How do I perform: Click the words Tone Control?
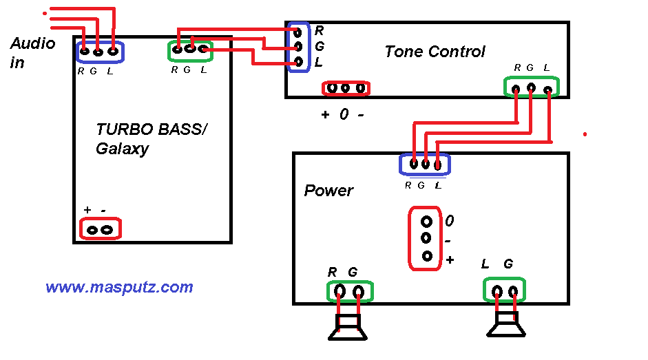point(435,52)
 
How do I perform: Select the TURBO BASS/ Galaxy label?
point(151,138)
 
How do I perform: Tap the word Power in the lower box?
point(328,191)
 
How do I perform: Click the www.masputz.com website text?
point(119,287)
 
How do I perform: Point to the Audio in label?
point(32,53)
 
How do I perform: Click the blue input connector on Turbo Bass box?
point(98,51)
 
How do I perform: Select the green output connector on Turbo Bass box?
point(190,49)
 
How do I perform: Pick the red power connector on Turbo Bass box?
point(100,229)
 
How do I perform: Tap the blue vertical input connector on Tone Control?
point(298,47)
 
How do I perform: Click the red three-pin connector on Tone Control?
point(346,88)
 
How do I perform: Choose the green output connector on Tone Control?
point(531,87)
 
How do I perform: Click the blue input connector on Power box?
point(425,165)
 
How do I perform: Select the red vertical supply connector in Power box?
point(426,238)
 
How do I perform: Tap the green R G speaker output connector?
point(348,291)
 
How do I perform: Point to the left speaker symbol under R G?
point(348,327)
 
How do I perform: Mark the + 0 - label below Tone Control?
point(343,115)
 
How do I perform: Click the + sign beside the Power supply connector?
point(450,260)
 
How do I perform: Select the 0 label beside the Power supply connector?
point(450,222)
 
